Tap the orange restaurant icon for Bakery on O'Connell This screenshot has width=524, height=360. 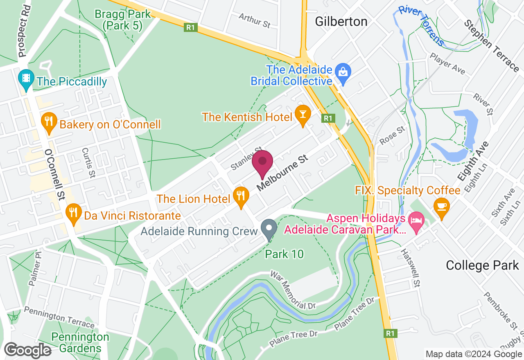[x=49, y=122]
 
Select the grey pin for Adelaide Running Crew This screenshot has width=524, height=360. [x=269, y=229]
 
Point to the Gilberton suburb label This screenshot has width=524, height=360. [x=341, y=21]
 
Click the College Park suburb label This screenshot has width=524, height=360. [x=482, y=265]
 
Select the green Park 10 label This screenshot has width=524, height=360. [x=284, y=254]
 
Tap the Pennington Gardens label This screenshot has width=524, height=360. [x=80, y=343]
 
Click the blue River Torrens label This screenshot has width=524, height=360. [x=422, y=25]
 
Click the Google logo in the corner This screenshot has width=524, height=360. [x=28, y=351]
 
